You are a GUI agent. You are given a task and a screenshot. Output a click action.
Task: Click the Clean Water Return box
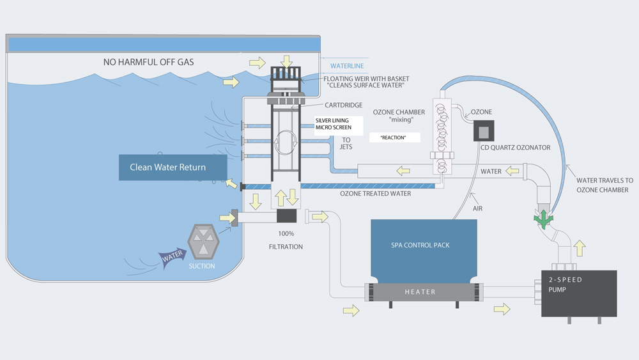pos(173,168)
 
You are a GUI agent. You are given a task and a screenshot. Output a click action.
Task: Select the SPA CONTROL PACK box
pos(424,246)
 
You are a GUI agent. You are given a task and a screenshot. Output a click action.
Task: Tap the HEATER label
pos(420,292)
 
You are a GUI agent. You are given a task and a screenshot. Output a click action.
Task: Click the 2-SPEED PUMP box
pos(579,293)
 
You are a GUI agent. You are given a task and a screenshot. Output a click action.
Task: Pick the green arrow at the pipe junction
pos(544,219)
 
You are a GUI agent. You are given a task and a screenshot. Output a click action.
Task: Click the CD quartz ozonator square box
pos(484,131)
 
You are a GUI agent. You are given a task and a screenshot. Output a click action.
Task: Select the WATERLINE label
pos(347,66)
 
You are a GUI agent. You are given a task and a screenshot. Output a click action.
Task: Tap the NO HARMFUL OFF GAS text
pos(148,62)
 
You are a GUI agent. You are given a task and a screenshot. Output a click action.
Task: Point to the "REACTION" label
pos(393,137)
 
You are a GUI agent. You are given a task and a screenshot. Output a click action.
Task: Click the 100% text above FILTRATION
pos(286,233)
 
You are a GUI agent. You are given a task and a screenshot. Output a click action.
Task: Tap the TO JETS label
pos(346,144)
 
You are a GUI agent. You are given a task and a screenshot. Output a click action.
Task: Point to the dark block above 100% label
pos(286,216)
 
